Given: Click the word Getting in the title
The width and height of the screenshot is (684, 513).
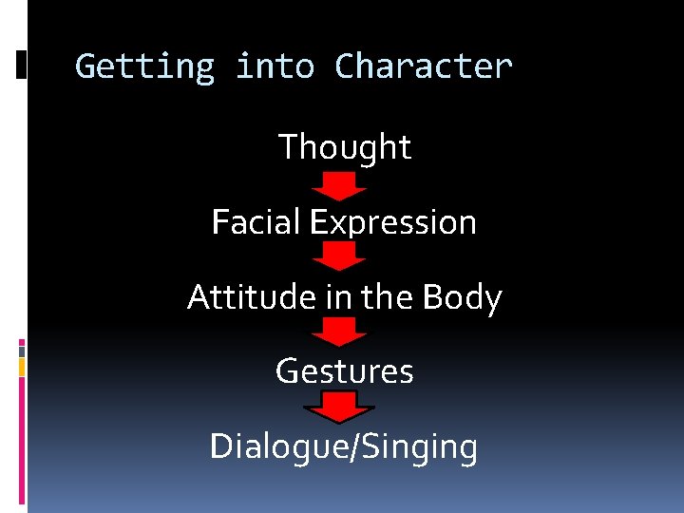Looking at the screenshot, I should point(144,67).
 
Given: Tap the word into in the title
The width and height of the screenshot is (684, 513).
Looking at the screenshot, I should point(275,67).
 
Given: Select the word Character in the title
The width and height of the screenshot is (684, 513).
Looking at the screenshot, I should point(424,67).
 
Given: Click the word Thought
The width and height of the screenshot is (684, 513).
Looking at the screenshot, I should point(345,147).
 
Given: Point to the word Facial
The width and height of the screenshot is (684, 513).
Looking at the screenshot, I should point(252,222).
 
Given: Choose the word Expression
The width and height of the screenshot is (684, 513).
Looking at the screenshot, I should point(393,222).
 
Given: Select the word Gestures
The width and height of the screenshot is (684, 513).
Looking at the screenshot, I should point(345,370).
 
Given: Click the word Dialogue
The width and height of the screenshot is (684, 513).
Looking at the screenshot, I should point(279,446).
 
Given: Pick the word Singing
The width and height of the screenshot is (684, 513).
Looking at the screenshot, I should point(419,446).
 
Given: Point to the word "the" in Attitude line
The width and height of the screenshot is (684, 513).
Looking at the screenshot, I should point(386,297).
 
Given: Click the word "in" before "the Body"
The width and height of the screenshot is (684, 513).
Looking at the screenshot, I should point(337,297).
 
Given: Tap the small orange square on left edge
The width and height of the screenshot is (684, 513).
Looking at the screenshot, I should point(22,367).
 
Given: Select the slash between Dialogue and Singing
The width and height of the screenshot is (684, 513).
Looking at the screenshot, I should point(355,446).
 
